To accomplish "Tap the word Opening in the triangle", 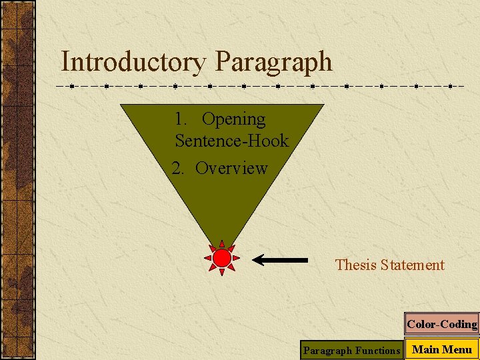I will pyautogui.click(x=233, y=120).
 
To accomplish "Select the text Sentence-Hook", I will pyautogui.click(x=231, y=141).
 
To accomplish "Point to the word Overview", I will pyautogui.click(x=231, y=168).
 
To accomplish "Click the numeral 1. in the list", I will pyautogui.click(x=180, y=119).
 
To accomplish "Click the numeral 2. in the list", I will pyautogui.click(x=177, y=168).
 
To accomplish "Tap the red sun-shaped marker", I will pyautogui.click(x=222, y=258).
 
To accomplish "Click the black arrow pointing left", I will pyautogui.click(x=280, y=259).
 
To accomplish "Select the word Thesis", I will pyautogui.click(x=356, y=265).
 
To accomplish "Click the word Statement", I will pyautogui.click(x=413, y=265).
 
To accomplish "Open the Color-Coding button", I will pyautogui.click(x=441, y=325).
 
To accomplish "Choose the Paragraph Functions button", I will pyautogui.click(x=351, y=350).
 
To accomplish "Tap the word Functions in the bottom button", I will pyautogui.click(x=378, y=350).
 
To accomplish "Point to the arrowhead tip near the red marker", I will pyautogui.click(x=255, y=259).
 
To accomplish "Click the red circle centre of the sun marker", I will pyautogui.click(x=222, y=258).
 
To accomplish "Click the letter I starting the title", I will pyautogui.click(x=64, y=62).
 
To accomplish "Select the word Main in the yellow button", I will pyautogui.click(x=425, y=349).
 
